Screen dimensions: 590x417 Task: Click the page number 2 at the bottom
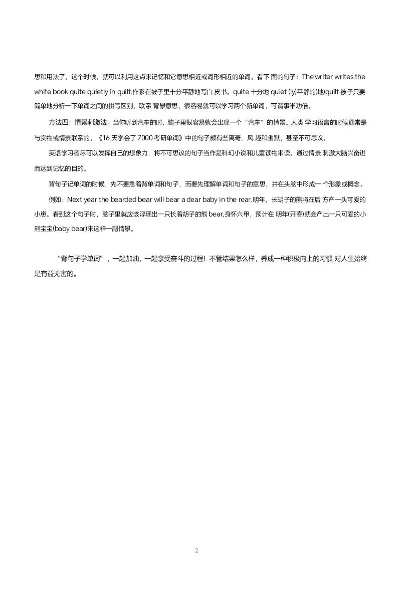[x=196, y=550]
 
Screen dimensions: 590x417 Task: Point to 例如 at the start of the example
[x=56, y=199]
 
